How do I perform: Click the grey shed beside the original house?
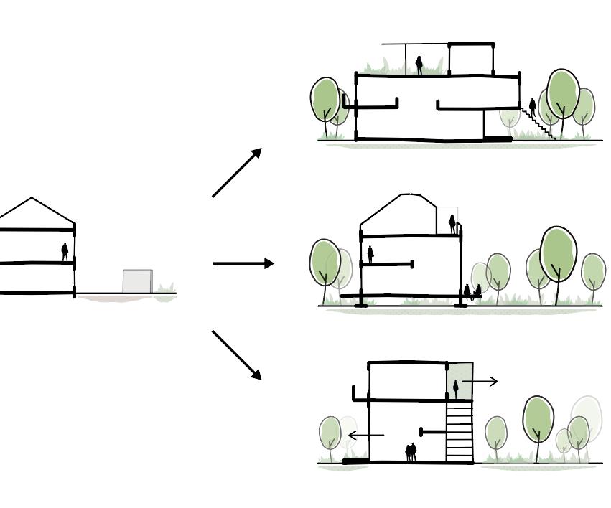(x=137, y=281)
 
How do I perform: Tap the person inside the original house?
(x=65, y=251)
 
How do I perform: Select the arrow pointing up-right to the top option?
(x=238, y=172)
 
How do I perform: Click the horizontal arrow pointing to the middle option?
(x=243, y=263)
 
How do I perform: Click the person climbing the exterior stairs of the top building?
(x=532, y=106)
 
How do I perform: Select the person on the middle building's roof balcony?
(x=452, y=224)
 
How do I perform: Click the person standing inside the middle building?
(x=370, y=253)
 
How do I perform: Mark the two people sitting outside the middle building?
(x=472, y=291)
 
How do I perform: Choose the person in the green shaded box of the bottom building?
(x=455, y=390)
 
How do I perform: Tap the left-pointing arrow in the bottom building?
(x=365, y=435)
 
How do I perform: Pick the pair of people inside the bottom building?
(x=411, y=452)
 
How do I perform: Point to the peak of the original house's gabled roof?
(x=31, y=198)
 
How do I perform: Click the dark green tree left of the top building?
(x=325, y=100)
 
